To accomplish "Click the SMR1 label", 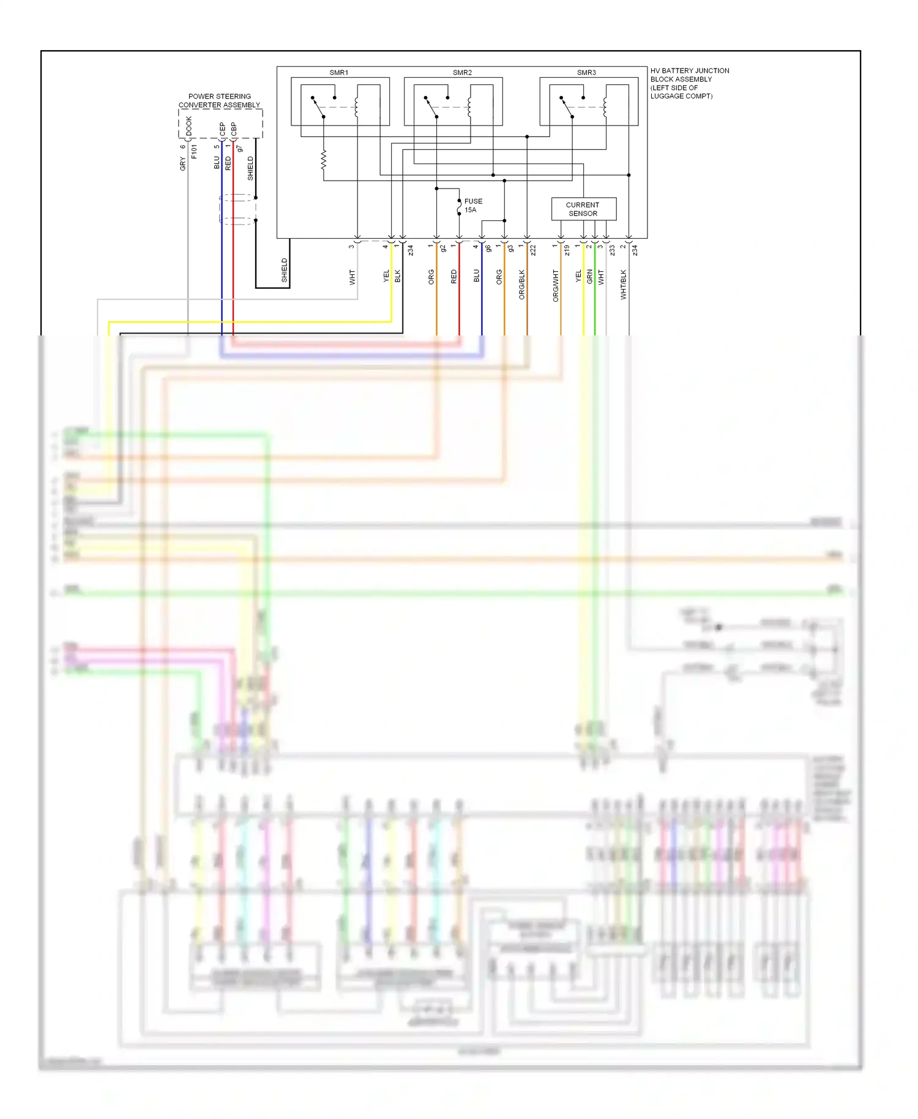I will tap(338, 73).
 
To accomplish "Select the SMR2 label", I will tap(462, 73).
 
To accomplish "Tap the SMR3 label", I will tap(586, 73).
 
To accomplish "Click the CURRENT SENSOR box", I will tap(583, 209).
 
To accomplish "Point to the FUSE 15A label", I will tap(473, 206).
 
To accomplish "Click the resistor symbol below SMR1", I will tap(323, 160).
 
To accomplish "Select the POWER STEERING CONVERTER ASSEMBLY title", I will tap(219, 101).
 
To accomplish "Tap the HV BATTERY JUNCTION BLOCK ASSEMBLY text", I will tap(689, 83).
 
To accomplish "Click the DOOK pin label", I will tap(189, 126).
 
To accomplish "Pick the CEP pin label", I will tap(222, 129).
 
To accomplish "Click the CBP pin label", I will tap(234, 129).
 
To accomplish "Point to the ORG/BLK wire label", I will tap(522, 285).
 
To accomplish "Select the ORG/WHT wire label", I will tap(556, 286).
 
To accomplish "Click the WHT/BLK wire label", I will tap(624, 285).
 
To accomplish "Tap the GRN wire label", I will tap(589, 277).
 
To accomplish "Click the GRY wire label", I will tap(182, 163).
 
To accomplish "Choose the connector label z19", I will tap(567, 250).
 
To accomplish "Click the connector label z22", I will tap(533, 250).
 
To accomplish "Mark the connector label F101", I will tap(194, 152).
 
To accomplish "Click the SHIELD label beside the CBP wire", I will tap(250, 168).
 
